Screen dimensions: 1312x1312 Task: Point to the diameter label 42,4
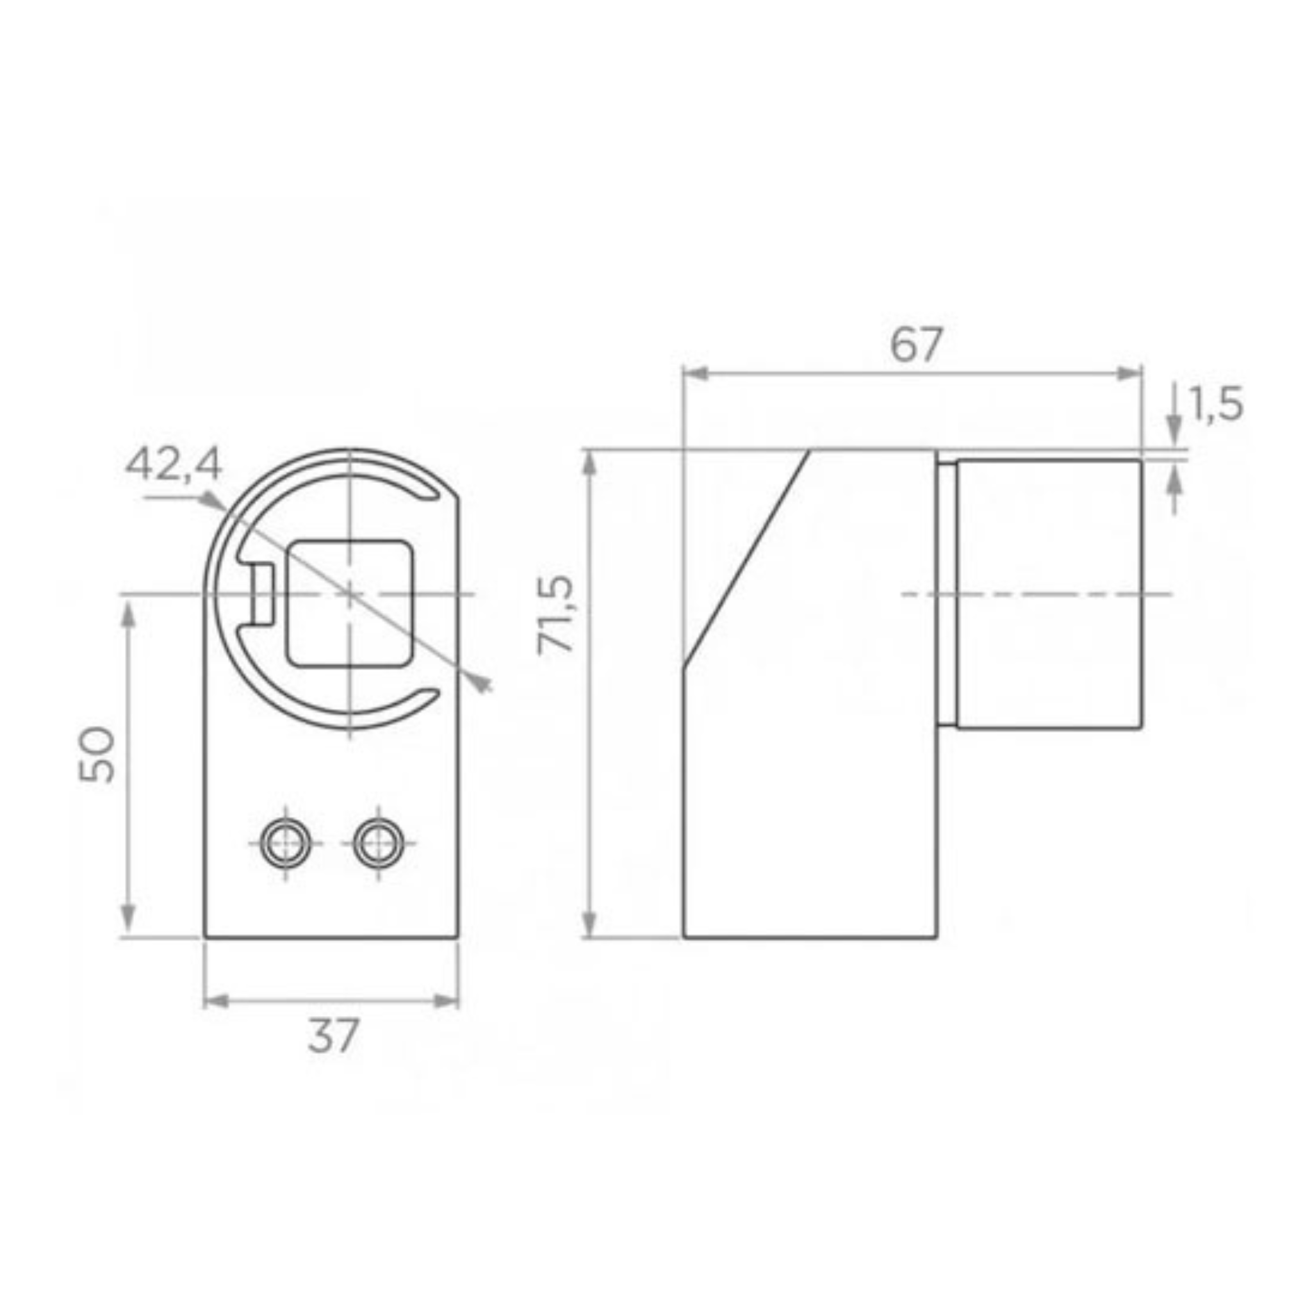tap(173, 465)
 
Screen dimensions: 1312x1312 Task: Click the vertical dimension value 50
tap(97, 755)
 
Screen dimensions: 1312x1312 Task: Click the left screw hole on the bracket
tap(285, 844)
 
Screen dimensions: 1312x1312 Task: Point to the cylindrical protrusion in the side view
tap(1049, 593)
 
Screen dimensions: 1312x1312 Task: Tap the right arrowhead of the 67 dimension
tap(1131, 373)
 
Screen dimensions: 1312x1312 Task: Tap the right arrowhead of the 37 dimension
tap(448, 1001)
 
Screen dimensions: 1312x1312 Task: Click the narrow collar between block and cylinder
tap(947, 593)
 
